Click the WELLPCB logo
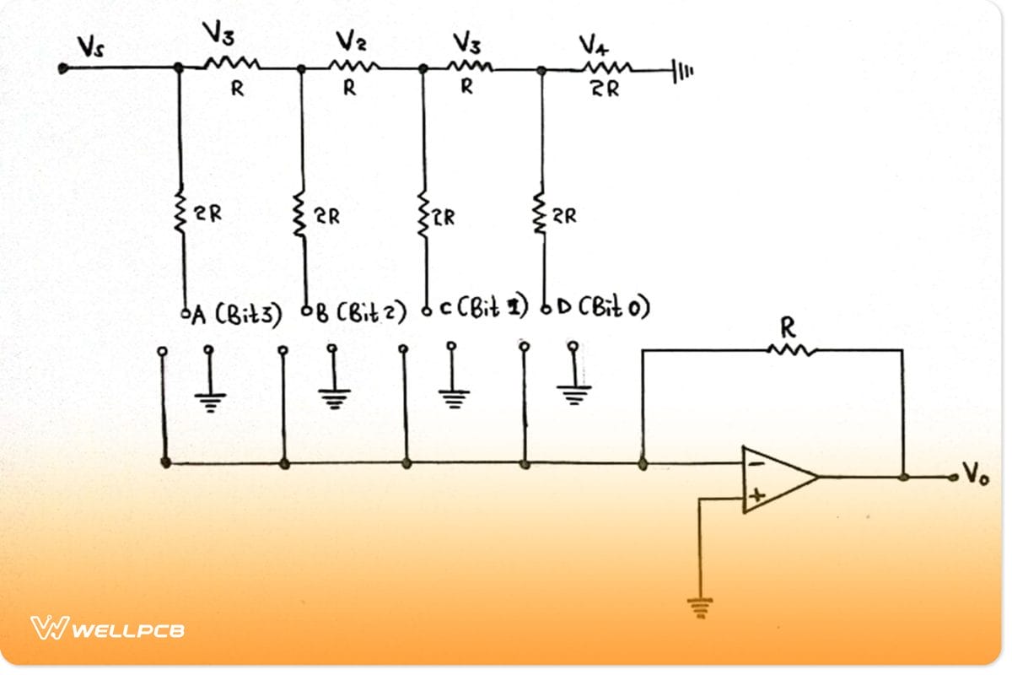(108, 629)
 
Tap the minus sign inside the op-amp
(756, 463)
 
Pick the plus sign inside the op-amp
(756, 496)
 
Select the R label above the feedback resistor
(791, 326)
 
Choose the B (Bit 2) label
(358, 315)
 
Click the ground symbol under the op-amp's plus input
(700, 606)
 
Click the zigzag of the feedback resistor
(792, 348)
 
